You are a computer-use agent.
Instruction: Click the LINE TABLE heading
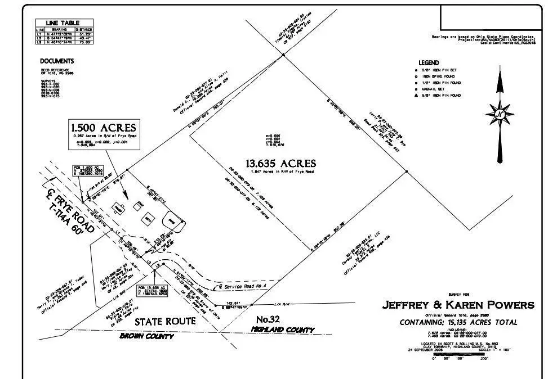(x=64, y=22)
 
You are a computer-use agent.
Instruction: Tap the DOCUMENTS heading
(x=56, y=61)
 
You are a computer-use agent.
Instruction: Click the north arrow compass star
(x=499, y=114)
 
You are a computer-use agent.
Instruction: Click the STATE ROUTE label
(x=164, y=322)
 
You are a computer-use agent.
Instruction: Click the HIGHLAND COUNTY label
(x=282, y=330)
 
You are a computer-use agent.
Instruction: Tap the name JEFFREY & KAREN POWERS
(x=458, y=305)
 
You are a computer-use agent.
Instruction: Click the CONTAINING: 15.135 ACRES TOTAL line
(x=458, y=323)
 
